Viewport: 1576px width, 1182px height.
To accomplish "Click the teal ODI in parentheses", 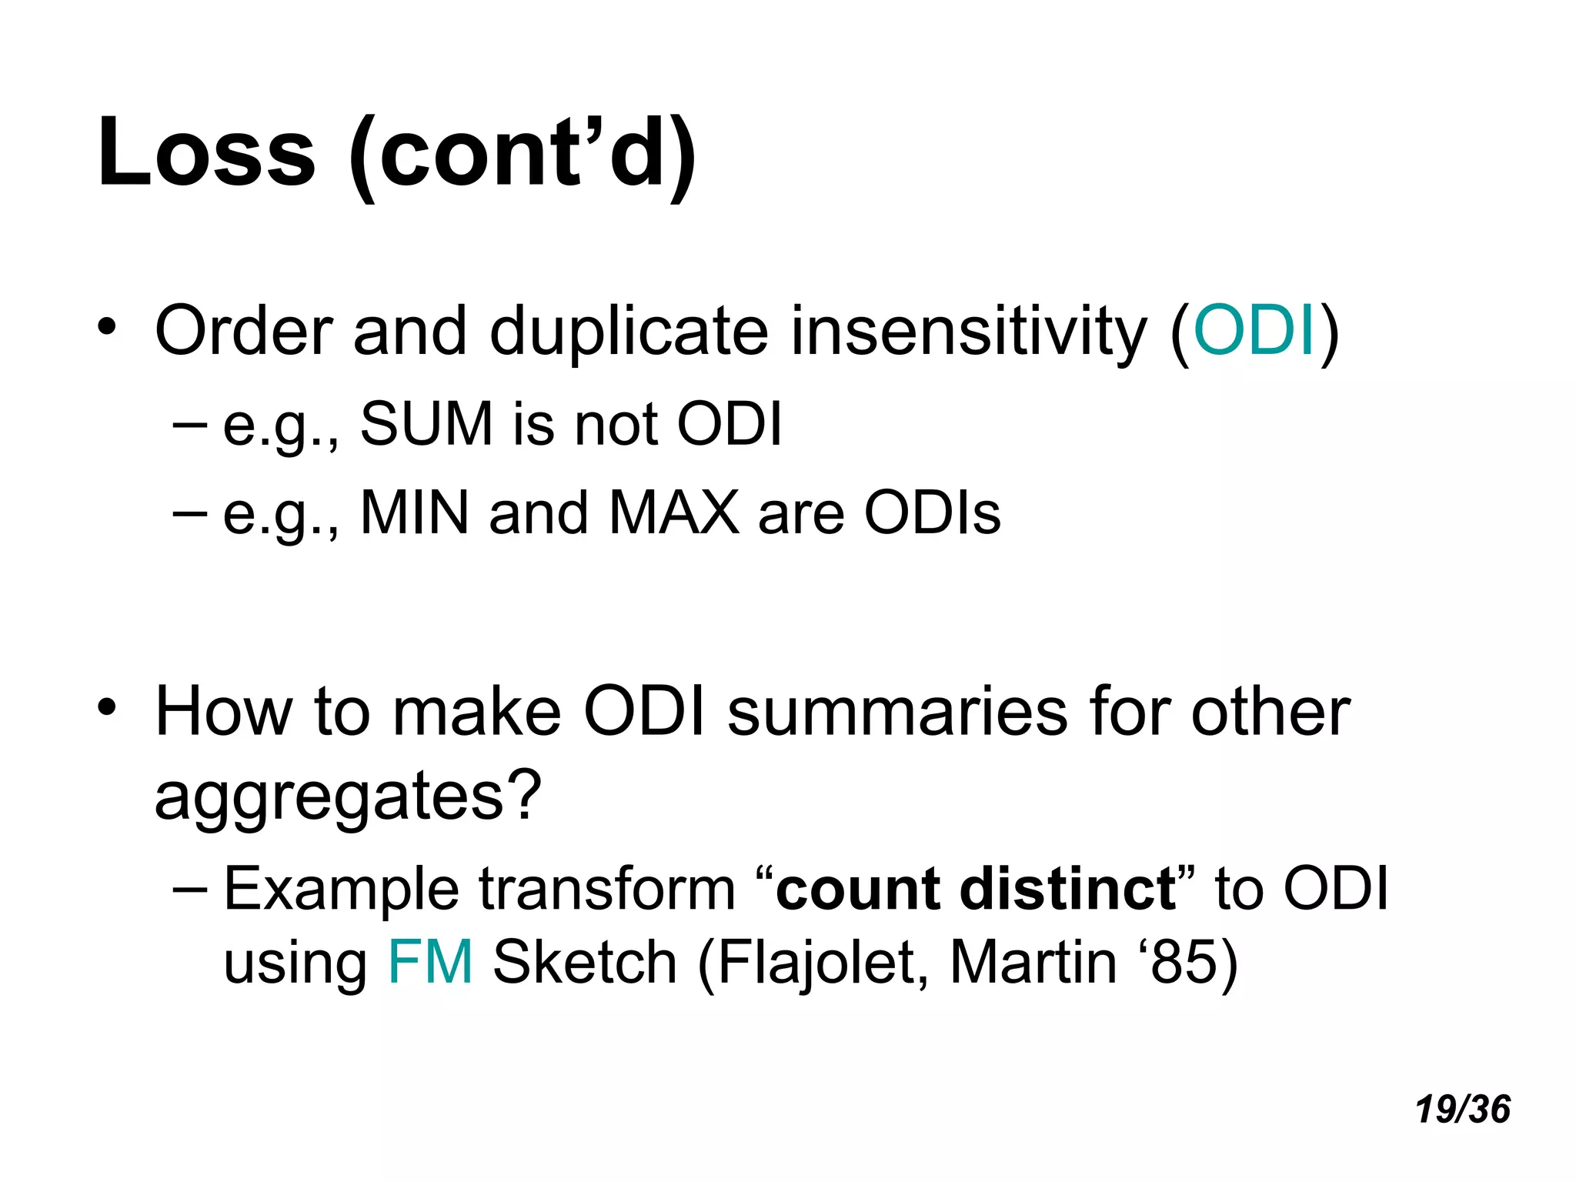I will click(x=1254, y=331).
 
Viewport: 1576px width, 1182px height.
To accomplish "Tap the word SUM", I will click(x=426, y=424).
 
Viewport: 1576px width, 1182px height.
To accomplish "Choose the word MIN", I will click(x=415, y=513).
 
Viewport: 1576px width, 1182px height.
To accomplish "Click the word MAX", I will click(x=673, y=513).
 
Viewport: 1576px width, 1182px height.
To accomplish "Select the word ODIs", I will click(x=932, y=513).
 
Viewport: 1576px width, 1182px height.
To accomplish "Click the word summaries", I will click(x=897, y=713).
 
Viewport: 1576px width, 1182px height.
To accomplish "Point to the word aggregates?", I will click(x=348, y=797).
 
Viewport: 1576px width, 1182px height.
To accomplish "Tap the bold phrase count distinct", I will click(x=976, y=890).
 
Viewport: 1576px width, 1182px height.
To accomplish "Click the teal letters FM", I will click(x=430, y=963).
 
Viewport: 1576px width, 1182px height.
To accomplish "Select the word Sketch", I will click(x=585, y=963).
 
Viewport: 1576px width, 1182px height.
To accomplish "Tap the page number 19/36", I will click(x=1462, y=1110).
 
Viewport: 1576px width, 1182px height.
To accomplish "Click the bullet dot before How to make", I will click(x=107, y=706).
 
